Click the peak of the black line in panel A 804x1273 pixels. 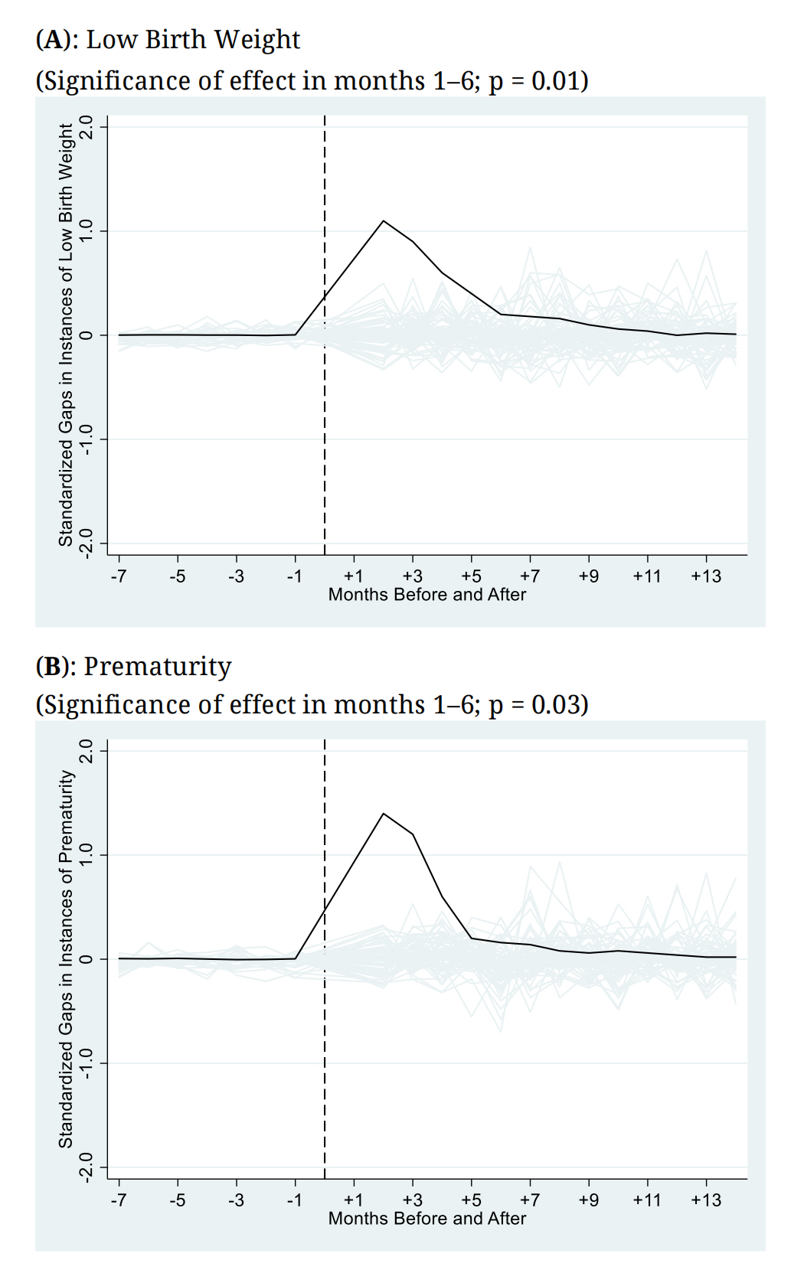pos(384,221)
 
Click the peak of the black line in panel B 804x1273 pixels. pos(384,814)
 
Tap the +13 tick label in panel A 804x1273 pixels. pos(705,576)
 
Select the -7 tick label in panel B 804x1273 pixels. pos(118,1200)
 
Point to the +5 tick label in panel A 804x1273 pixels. pos(471,576)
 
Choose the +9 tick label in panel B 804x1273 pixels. pos(588,1200)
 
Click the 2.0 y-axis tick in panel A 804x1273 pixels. pos(87,126)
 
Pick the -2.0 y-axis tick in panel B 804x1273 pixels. pos(87,1167)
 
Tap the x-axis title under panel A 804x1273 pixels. pos(427,595)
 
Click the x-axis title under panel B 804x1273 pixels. pos(427,1218)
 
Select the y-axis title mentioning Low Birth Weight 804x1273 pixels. pos(66,335)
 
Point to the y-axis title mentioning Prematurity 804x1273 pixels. pos(66,958)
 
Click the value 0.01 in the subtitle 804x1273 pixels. pos(555,80)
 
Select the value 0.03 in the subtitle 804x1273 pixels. pos(555,704)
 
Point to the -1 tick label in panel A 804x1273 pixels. pos(294,576)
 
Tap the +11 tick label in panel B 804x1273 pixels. pos(646,1200)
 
